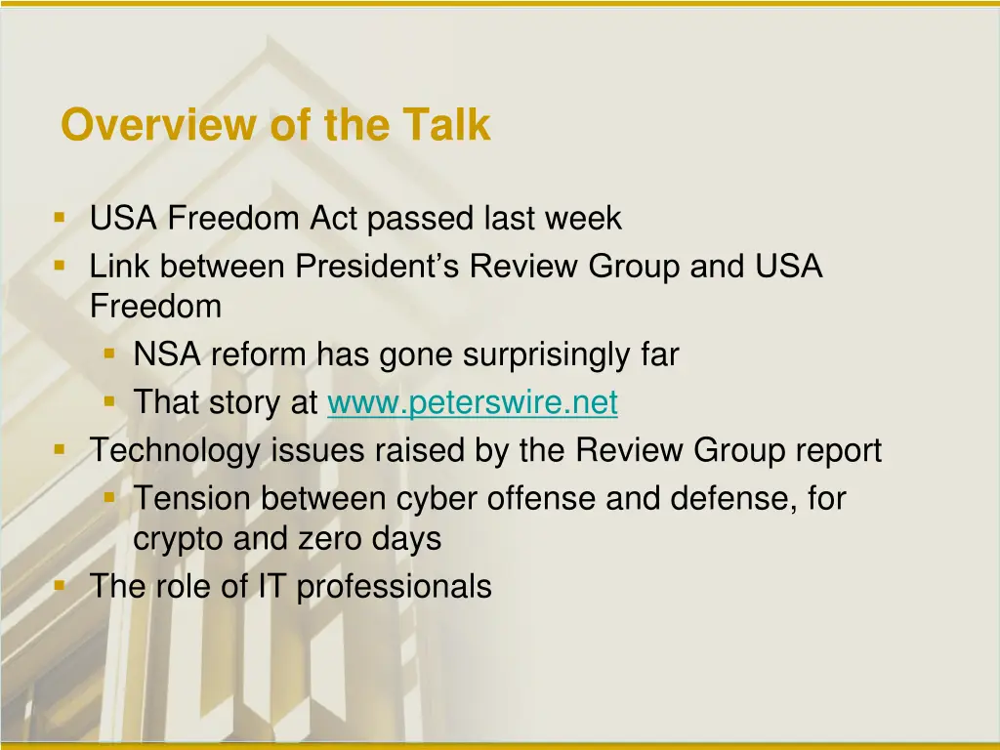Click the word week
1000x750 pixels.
pyautogui.click(x=582, y=219)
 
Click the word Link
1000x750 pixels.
pyautogui.click(x=121, y=267)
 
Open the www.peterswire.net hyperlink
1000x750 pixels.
pyautogui.click(x=473, y=402)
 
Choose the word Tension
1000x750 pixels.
pyautogui.click(x=192, y=498)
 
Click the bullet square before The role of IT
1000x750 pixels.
pyautogui.click(x=61, y=585)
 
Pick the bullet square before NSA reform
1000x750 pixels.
pyautogui.click(x=110, y=354)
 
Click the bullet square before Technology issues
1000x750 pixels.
pyautogui.click(x=61, y=449)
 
